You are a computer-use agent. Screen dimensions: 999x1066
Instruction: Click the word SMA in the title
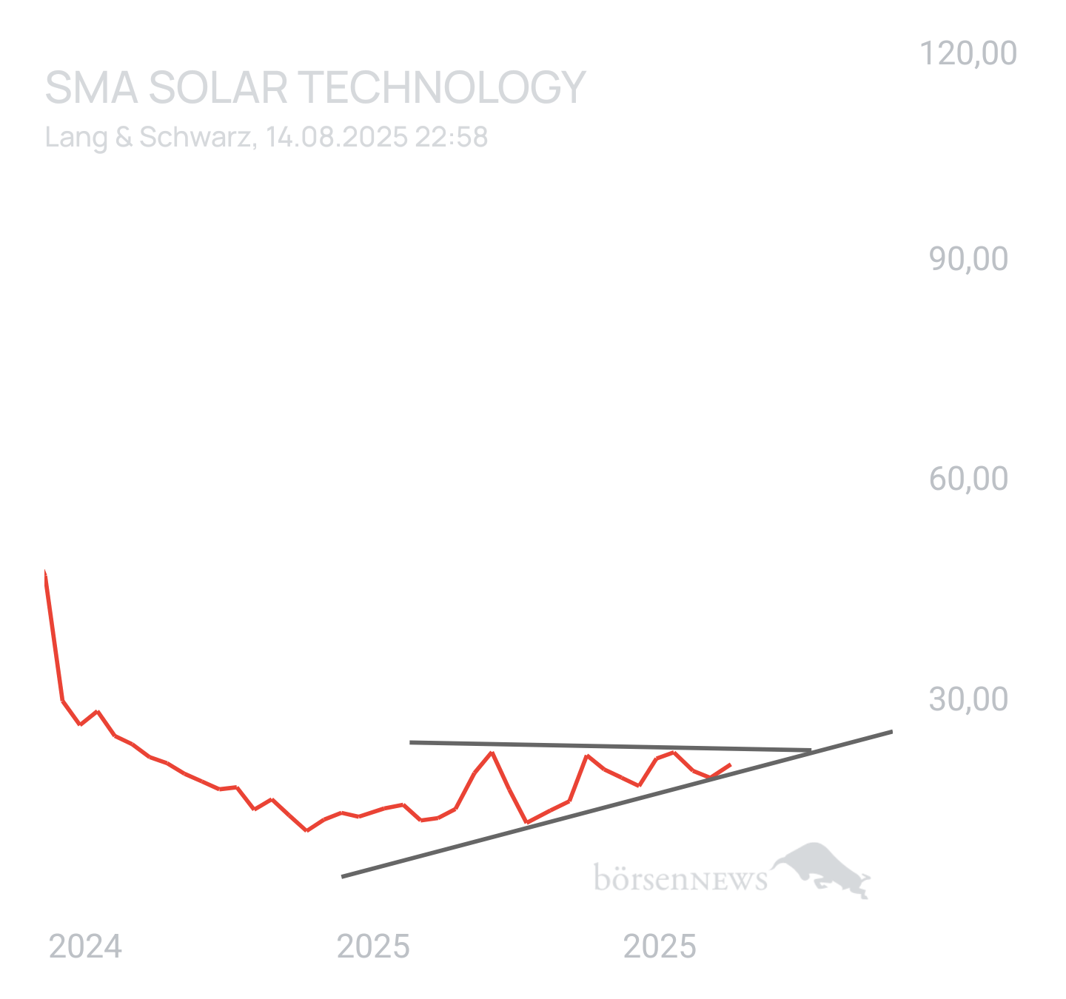[91, 87]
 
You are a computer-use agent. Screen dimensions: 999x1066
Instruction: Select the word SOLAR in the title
[218, 87]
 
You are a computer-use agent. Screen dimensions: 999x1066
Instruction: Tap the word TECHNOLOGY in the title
[442, 87]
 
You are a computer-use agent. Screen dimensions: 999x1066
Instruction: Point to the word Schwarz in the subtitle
[195, 138]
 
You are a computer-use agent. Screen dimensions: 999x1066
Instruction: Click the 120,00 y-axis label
[968, 53]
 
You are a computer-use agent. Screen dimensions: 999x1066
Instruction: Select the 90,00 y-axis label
[968, 259]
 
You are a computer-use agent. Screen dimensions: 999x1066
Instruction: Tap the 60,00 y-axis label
[968, 479]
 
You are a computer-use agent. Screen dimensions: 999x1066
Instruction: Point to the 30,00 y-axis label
[968, 699]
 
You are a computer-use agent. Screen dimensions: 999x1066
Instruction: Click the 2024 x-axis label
[85, 946]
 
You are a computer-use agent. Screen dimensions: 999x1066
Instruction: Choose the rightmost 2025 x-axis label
[660, 946]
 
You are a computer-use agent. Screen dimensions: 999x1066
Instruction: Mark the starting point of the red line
[45, 571]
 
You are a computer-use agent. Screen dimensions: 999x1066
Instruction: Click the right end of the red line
[731, 764]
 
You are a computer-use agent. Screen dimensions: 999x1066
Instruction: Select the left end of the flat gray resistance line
[410, 741]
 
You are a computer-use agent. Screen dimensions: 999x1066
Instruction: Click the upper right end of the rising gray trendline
[892, 730]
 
